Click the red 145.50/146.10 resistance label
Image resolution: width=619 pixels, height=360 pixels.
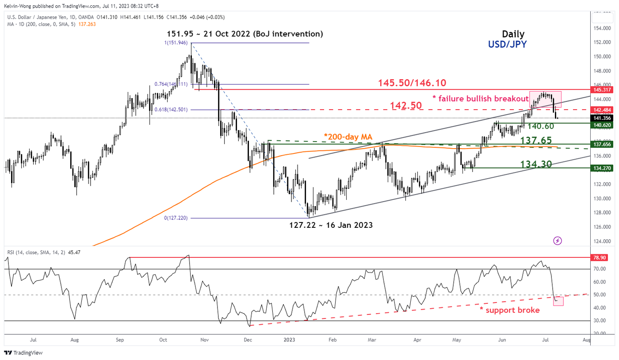pos(412,83)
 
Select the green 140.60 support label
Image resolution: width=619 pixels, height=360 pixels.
pos(535,126)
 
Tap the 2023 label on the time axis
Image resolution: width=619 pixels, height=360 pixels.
pos(289,340)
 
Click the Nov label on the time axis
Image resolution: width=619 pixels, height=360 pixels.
pos(204,340)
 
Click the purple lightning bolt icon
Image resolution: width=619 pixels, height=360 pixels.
pos(558,241)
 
